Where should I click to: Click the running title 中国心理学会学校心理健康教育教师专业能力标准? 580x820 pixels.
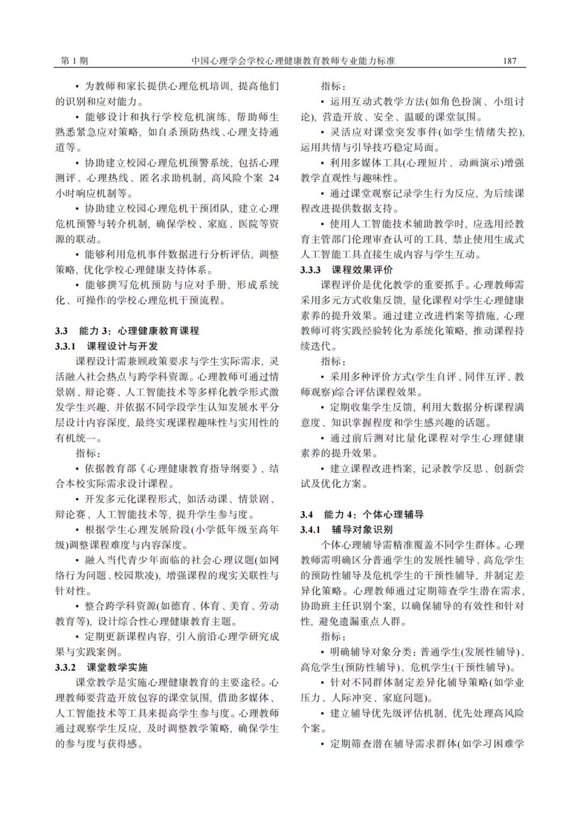[293, 61]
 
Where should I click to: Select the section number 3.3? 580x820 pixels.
[61, 331]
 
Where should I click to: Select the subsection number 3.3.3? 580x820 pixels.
[311, 270]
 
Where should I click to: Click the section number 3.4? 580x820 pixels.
[307, 515]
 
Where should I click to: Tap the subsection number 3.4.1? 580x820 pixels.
[311, 530]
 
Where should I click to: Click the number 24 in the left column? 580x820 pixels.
[273, 178]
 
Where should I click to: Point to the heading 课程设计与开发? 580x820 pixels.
[122, 346]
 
